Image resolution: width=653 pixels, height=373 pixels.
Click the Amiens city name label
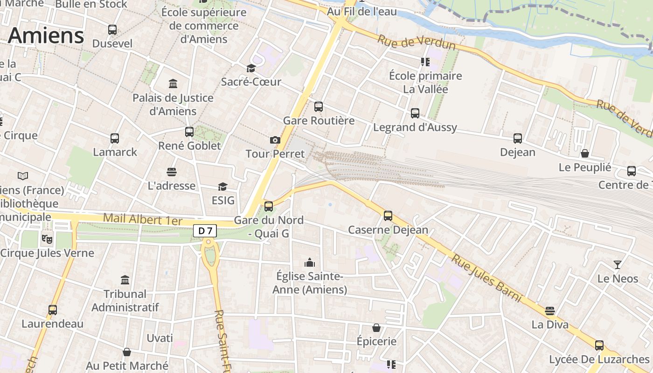point(46,35)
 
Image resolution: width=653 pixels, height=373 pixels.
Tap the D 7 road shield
point(205,230)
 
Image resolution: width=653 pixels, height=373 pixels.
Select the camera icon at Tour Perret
point(275,140)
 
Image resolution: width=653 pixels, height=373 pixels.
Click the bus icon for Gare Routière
point(319,107)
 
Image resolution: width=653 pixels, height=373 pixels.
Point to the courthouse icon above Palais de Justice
point(173,84)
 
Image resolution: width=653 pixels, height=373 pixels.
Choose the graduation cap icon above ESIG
point(222,187)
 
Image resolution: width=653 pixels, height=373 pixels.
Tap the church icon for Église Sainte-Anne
point(310,263)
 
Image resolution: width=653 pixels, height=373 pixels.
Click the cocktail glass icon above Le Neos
point(618,265)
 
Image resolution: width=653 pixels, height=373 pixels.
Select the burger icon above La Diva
point(550,311)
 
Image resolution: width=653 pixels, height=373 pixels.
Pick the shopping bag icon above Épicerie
point(376,328)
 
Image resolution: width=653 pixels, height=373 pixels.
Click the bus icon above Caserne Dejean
point(388,216)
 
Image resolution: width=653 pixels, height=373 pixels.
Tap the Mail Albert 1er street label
point(142,219)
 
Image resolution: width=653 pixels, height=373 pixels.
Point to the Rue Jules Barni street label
point(486,278)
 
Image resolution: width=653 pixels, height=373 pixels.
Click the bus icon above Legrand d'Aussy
point(415,113)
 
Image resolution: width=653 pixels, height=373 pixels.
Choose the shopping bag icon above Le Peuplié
point(584,153)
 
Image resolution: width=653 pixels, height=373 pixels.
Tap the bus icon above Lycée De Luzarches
point(599,345)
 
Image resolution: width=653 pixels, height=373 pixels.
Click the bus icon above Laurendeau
point(52,310)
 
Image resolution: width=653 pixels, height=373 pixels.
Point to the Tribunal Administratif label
point(125,301)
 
